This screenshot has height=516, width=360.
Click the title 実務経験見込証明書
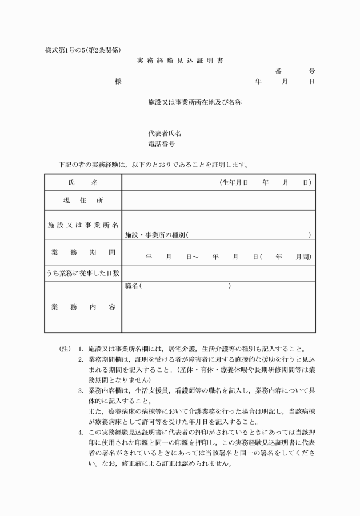click(x=180, y=60)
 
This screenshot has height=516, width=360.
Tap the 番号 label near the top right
click(x=294, y=71)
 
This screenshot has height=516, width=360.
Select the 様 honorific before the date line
click(x=118, y=82)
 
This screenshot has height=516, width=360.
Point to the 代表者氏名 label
click(x=165, y=134)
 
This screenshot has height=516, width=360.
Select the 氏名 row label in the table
click(x=83, y=182)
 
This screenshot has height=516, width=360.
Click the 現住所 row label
click(x=83, y=201)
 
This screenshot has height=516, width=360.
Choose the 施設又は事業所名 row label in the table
click(x=83, y=225)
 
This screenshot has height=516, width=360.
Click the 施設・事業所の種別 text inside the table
click(x=155, y=234)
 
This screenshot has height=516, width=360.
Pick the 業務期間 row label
click(x=83, y=252)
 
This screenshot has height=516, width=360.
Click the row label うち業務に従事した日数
click(x=83, y=273)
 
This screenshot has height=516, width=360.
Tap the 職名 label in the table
click(x=131, y=285)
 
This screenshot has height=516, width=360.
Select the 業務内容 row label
click(x=83, y=307)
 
